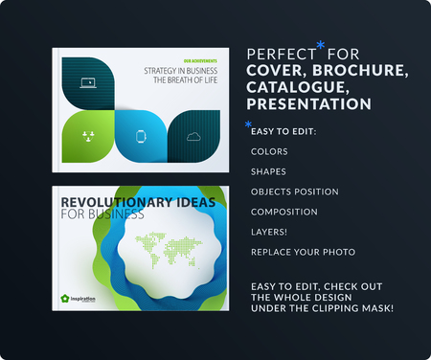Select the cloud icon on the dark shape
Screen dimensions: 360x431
click(x=194, y=135)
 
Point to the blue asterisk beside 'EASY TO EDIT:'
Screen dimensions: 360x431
click(x=248, y=125)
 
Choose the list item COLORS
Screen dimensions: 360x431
click(x=268, y=151)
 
